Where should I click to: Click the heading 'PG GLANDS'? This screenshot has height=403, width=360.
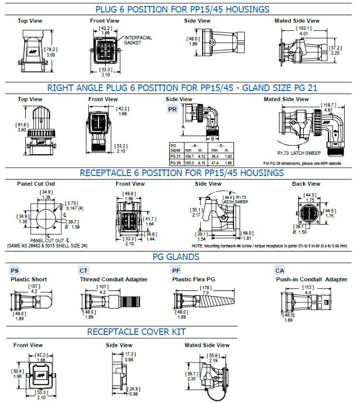[x=175, y=257]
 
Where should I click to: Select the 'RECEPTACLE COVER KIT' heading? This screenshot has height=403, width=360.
[x=136, y=332]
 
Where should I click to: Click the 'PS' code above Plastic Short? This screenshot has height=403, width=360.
[x=15, y=271]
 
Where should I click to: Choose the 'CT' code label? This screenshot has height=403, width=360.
[x=84, y=271]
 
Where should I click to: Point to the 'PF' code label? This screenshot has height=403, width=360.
[x=176, y=271]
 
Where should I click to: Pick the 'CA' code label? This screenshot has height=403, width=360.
[x=280, y=271]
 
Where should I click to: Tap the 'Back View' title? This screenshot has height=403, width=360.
[x=306, y=183]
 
